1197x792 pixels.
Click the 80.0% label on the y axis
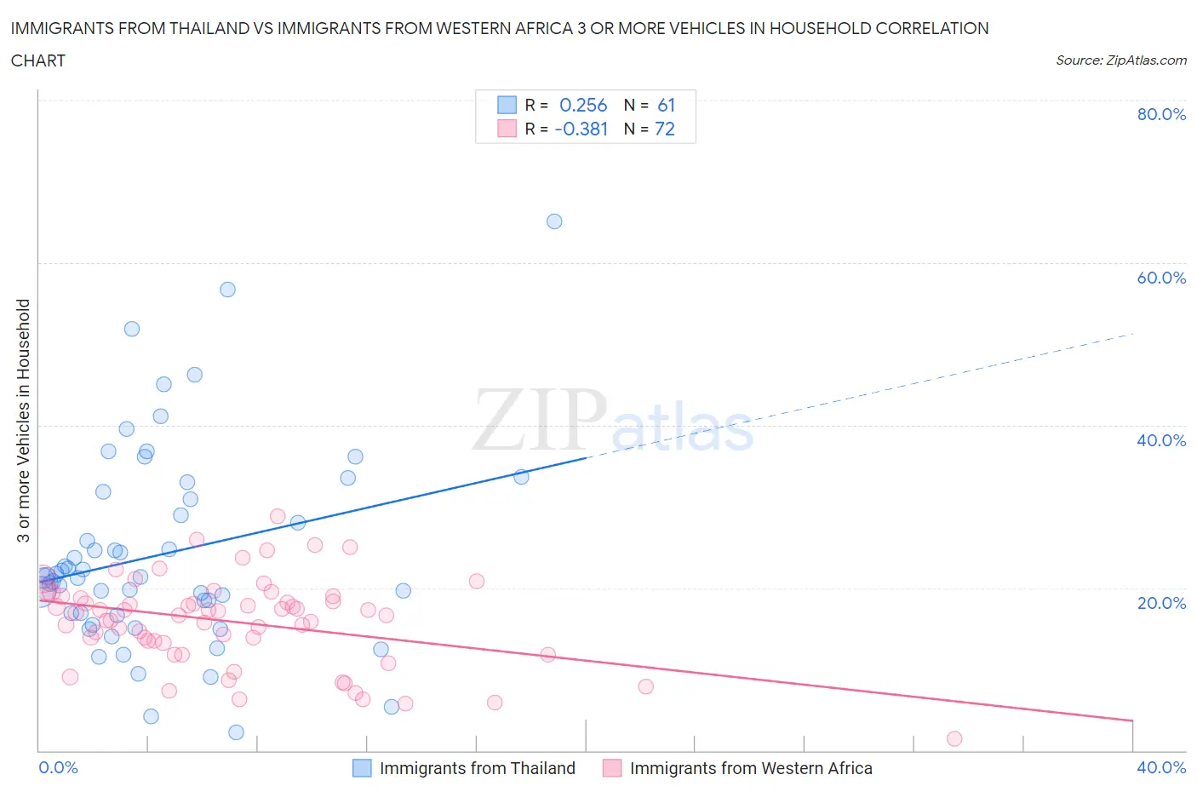pyautogui.click(x=1161, y=114)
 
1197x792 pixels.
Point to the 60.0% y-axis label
pyautogui.click(x=1161, y=278)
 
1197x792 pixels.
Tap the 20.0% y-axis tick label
pyautogui.click(x=1161, y=603)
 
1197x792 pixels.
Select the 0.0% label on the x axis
pyautogui.click(x=58, y=767)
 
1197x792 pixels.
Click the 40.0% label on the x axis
pyautogui.click(x=1161, y=767)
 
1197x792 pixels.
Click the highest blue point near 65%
pyautogui.click(x=554, y=221)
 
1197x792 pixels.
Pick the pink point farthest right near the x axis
pyautogui.click(x=954, y=738)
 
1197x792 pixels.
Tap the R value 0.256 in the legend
pyautogui.click(x=583, y=105)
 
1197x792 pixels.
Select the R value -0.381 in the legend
pyautogui.click(x=581, y=129)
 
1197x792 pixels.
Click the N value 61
pyautogui.click(x=666, y=105)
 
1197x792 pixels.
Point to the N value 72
pyautogui.click(x=664, y=129)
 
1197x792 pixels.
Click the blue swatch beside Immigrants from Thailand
pyautogui.click(x=362, y=768)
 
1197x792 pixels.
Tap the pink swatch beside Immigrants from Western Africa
pyautogui.click(x=611, y=768)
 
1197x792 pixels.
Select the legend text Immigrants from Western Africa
pyautogui.click(x=751, y=768)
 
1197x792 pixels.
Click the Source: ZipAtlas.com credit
pyautogui.click(x=1120, y=60)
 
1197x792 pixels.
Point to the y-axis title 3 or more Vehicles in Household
pyautogui.click(x=24, y=421)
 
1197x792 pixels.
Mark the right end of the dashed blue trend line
pyautogui.click(x=1133, y=334)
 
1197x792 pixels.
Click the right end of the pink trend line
pyautogui.click(x=1133, y=720)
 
